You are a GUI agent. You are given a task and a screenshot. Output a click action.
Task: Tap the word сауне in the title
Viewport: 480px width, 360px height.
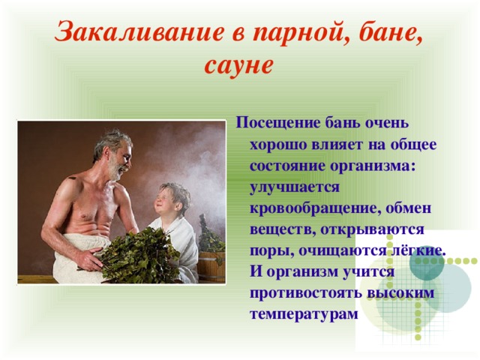238,65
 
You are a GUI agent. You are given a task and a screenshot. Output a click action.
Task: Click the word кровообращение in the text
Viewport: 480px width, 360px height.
314,209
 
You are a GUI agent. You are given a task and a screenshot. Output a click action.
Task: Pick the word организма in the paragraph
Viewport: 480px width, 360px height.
372,167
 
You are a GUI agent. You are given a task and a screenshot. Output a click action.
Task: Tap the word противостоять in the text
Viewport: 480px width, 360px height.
306,292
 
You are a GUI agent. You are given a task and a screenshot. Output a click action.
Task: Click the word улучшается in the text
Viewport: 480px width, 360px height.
295,188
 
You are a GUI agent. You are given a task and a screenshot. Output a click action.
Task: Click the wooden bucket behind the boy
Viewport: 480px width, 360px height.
211,267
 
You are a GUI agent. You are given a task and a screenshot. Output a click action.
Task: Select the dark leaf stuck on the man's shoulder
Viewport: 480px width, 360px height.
72,178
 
